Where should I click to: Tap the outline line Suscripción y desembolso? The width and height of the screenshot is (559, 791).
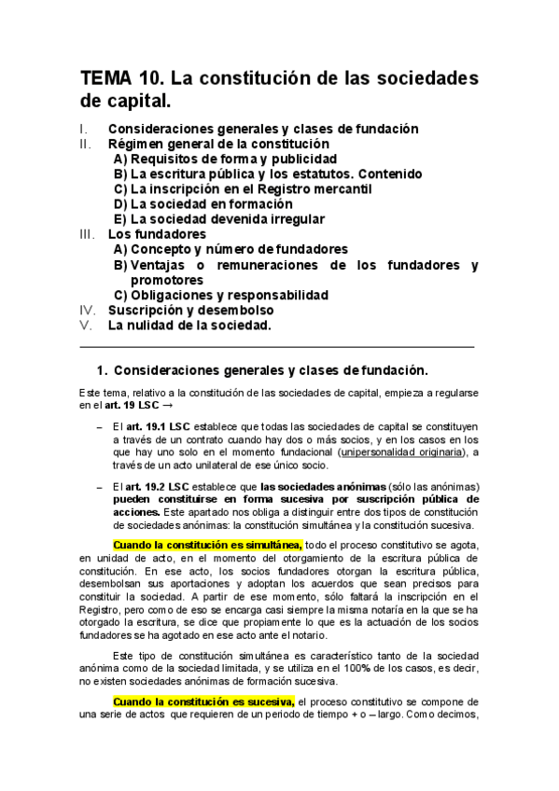(x=190, y=310)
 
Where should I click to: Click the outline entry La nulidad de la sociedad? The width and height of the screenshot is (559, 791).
(x=189, y=326)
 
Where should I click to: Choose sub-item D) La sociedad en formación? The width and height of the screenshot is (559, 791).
(x=203, y=203)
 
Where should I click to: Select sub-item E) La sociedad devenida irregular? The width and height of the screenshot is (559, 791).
(x=218, y=219)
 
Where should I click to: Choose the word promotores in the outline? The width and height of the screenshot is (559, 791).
(x=167, y=280)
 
